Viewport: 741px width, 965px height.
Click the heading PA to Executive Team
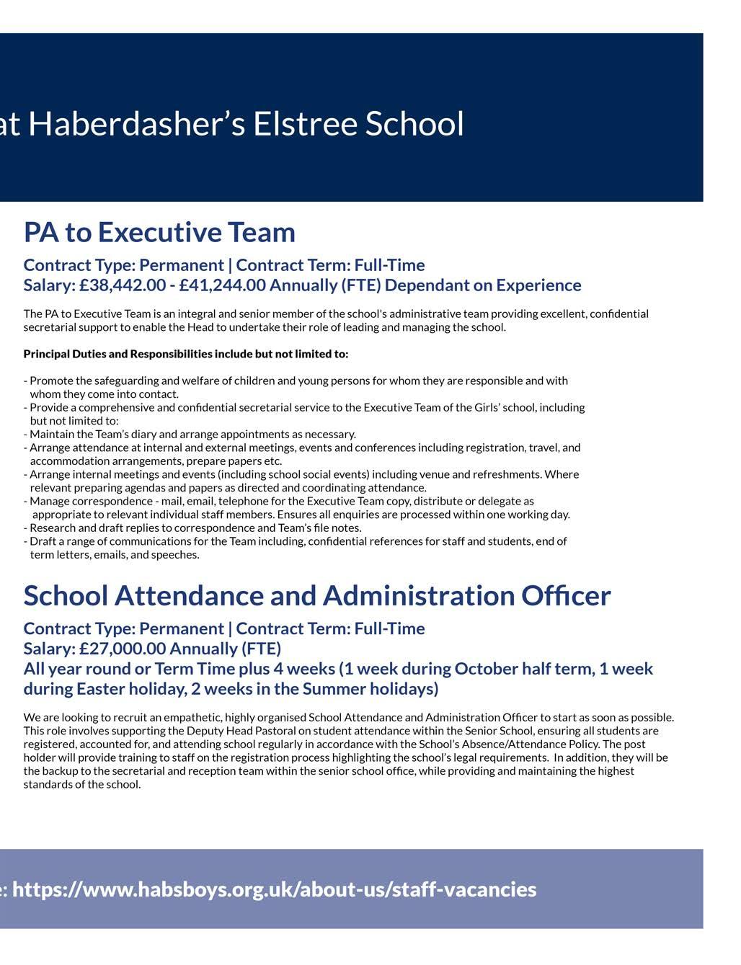pyautogui.click(x=159, y=233)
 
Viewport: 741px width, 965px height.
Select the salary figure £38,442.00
pyautogui.click(x=123, y=285)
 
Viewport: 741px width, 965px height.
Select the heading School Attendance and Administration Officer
pyautogui.click(x=317, y=596)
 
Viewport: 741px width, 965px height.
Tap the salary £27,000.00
pyautogui.click(x=123, y=649)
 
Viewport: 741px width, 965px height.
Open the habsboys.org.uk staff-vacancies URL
pyautogui.click(x=274, y=889)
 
